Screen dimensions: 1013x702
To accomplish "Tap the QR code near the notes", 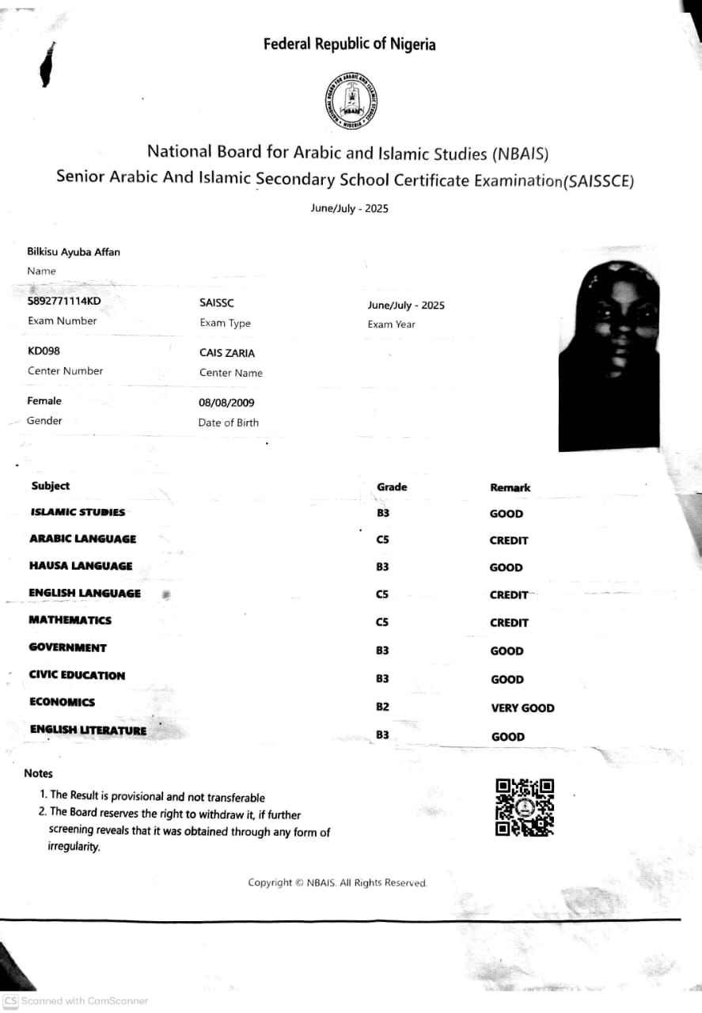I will tap(524, 807).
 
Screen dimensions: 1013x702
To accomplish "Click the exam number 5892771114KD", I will tap(64, 302).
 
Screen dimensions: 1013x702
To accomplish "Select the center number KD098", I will tap(44, 351).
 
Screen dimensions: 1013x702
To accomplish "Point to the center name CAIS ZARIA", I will tap(227, 353).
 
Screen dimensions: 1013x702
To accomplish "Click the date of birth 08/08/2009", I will tap(226, 403).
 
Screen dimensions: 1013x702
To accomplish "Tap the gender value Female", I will tap(44, 401).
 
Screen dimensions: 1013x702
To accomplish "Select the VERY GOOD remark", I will tap(522, 708).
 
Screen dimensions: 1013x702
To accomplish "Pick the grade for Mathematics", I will tap(383, 622).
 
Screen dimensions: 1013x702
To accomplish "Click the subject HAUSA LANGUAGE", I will tap(81, 566).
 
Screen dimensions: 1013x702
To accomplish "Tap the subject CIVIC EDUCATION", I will tap(77, 675).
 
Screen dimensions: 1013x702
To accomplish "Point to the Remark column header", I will tap(510, 488).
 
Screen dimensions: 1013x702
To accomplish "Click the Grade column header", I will tap(392, 487).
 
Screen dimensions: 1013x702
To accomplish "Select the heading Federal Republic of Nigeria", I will tap(350, 44).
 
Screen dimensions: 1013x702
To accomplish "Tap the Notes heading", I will tap(38, 773).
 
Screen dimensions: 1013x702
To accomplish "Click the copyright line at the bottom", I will tap(338, 882).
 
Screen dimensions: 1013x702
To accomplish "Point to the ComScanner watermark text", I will tap(84, 1001).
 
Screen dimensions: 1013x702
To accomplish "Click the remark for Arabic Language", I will tap(509, 541).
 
